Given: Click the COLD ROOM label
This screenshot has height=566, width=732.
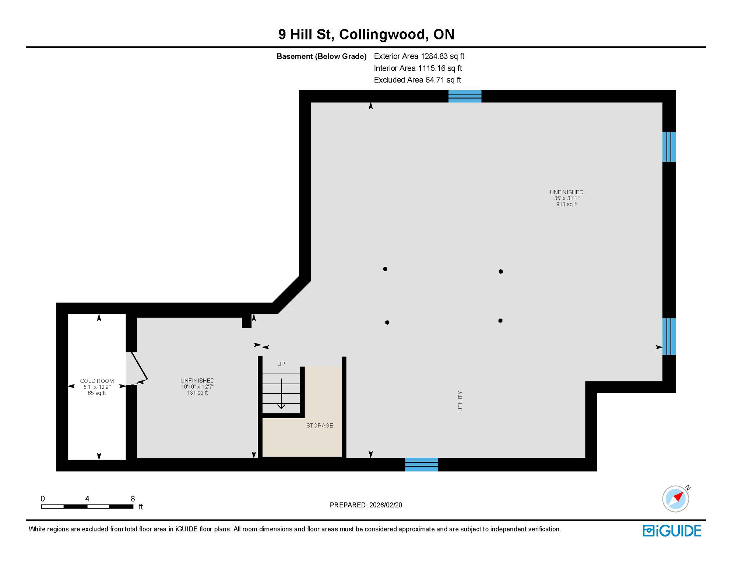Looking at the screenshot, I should [x=97, y=381].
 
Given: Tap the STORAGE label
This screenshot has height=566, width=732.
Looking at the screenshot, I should [x=320, y=426].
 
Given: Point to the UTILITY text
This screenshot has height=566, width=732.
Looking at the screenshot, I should [x=460, y=401].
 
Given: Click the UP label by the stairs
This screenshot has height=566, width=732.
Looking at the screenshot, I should [x=281, y=364].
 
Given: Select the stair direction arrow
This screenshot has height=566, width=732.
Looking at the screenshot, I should [x=281, y=394].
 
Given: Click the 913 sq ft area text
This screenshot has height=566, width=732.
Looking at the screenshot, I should [x=566, y=204].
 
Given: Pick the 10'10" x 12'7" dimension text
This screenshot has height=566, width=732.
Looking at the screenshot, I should [x=197, y=387].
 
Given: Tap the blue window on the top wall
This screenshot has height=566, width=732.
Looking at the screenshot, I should [x=465, y=97].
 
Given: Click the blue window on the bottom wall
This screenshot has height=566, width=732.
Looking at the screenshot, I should [x=422, y=464].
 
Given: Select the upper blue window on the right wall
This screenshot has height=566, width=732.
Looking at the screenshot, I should [x=669, y=147].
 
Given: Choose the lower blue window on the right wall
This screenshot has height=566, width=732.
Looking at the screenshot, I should [x=669, y=336].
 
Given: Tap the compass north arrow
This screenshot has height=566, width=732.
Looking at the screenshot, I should [x=678, y=497].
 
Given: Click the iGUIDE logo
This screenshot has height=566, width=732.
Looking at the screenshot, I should [x=672, y=531].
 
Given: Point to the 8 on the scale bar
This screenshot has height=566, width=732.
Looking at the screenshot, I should [x=133, y=499].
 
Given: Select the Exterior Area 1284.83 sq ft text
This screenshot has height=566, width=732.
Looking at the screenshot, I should [x=419, y=56].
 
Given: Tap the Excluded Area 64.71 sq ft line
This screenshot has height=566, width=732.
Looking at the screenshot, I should [x=417, y=80].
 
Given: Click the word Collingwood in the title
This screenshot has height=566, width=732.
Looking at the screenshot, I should [x=382, y=34].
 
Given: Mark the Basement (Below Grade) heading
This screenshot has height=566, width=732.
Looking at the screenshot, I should [x=321, y=56].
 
